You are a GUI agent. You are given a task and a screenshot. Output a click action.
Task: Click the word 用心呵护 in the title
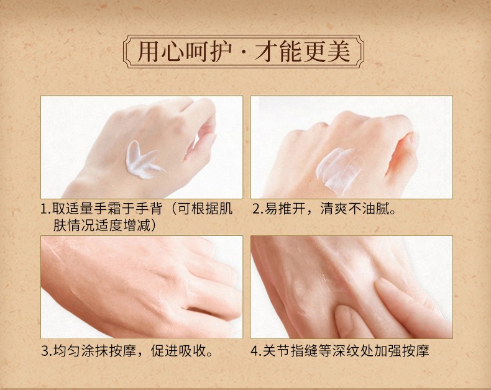(184, 52)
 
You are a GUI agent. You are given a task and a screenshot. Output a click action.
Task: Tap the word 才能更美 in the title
(303, 52)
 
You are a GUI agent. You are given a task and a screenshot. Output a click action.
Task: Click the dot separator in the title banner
(243, 53)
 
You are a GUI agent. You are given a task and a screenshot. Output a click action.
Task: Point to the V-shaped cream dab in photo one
(142, 160)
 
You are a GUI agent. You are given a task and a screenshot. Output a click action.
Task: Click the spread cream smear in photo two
(337, 168)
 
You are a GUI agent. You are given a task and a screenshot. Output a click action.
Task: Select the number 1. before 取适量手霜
(46, 209)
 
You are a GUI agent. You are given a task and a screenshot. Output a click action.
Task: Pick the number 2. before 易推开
(259, 209)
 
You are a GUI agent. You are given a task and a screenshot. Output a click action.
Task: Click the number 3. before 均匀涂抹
(47, 351)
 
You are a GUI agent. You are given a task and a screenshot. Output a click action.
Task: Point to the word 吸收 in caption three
(192, 351)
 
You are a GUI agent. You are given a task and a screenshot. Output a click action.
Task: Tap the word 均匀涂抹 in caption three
(80, 351)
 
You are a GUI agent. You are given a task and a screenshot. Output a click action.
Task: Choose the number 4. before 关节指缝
(257, 351)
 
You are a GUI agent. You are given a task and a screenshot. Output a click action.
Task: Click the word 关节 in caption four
(276, 351)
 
